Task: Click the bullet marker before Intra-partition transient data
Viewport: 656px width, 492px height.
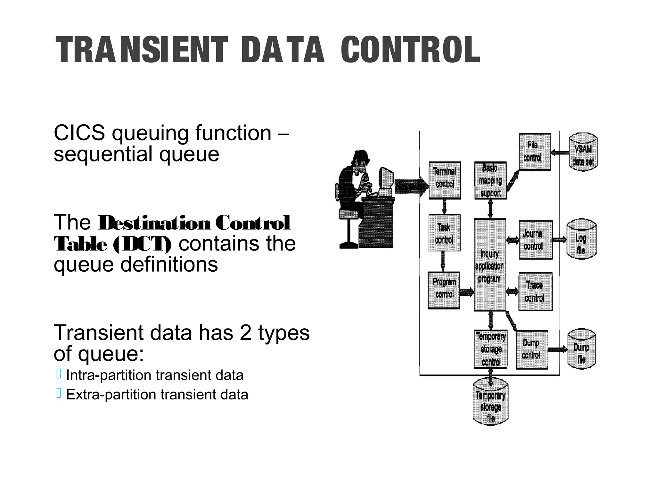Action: [x=59, y=374]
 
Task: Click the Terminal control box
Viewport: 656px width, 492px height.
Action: [x=445, y=180]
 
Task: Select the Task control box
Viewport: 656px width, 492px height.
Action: [x=444, y=233]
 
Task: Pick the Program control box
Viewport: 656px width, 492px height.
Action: [x=444, y=290]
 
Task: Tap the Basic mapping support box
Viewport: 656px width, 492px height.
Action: [x=490, y=180]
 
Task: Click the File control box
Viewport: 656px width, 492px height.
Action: [x=535, y=152]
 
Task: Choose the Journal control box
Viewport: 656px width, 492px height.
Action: [x=535, y=240]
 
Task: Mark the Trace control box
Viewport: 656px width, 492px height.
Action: [x=535, y=291]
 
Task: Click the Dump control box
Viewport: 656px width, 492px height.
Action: [x=532, y=349]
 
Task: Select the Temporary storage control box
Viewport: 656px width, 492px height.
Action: [x=490, y=349]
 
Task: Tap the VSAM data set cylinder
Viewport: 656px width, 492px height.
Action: [x=583, y=152]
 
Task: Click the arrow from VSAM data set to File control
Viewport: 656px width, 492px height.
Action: [x=560, y=153]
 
